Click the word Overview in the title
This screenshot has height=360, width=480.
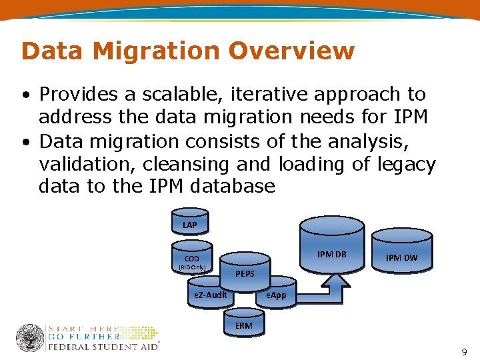pyautogui.click(x=291, y=51)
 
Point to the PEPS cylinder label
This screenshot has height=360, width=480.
pyautogui.click(x=245, y=274)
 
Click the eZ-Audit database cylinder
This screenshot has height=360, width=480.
pyautogui.click(x=210, y=295)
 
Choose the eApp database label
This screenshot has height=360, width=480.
pyautogui.click(x=276, y=295)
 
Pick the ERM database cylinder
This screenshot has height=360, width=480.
pyautogui.click(x=243, y=325)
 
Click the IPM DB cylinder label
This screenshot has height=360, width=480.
pyautogui.click(x=332, y=254)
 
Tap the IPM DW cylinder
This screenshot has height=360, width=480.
pyautogui.click(x=402, y=256)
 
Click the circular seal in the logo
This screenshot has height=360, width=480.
pyautogui.click(x=30, y=338)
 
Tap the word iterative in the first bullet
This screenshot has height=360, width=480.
pyautogui.click(x=256, y=95)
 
